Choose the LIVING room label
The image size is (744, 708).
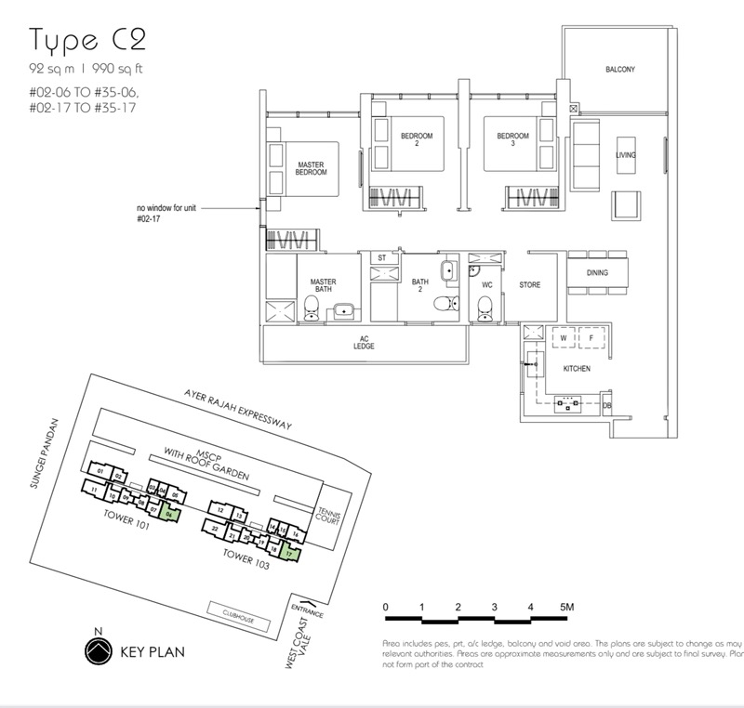click(x=625, y=154)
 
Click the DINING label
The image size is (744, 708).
click(x=598, y=273)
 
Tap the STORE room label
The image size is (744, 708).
click(x=529, y=285)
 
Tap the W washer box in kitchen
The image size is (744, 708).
click(x=564, y=338)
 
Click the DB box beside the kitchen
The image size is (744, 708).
click(x=606, y=406)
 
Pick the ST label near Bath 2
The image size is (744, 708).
click(x=380, y=257)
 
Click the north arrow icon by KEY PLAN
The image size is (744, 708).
click(x=94, y=649)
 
